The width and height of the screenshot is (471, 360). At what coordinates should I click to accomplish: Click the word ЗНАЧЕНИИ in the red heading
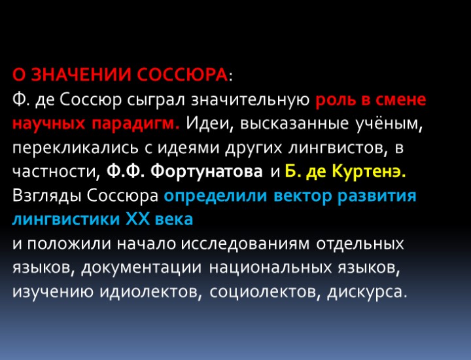tap(80, 77)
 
